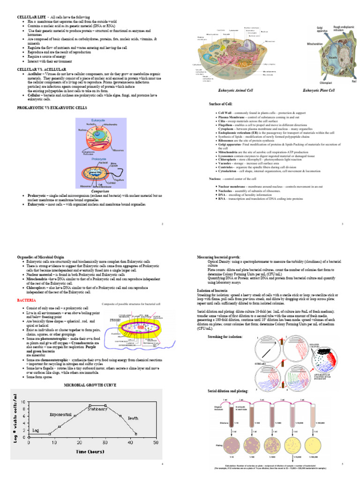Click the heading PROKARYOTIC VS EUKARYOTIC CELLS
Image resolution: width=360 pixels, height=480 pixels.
coord(52,107)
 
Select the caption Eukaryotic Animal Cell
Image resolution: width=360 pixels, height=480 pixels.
coord(236,90)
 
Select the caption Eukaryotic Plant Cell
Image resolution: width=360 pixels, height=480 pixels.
coord(318,90)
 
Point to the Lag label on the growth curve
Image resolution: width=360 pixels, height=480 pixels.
coord(36,442)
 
